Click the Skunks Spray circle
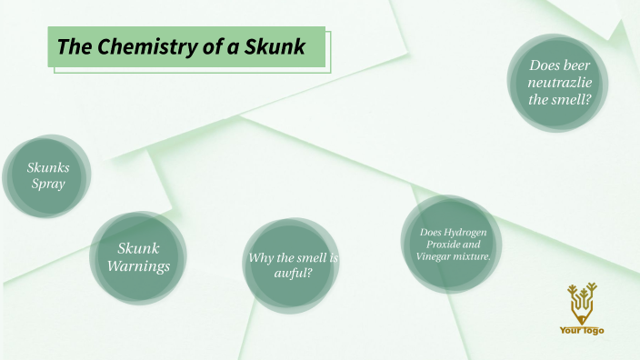48,176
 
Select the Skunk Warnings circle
138,257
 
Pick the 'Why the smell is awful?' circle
293,265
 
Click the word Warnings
138,266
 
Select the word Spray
48,185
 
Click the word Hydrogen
474,233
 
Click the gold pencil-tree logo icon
581,305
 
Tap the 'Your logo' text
581,330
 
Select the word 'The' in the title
70,46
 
